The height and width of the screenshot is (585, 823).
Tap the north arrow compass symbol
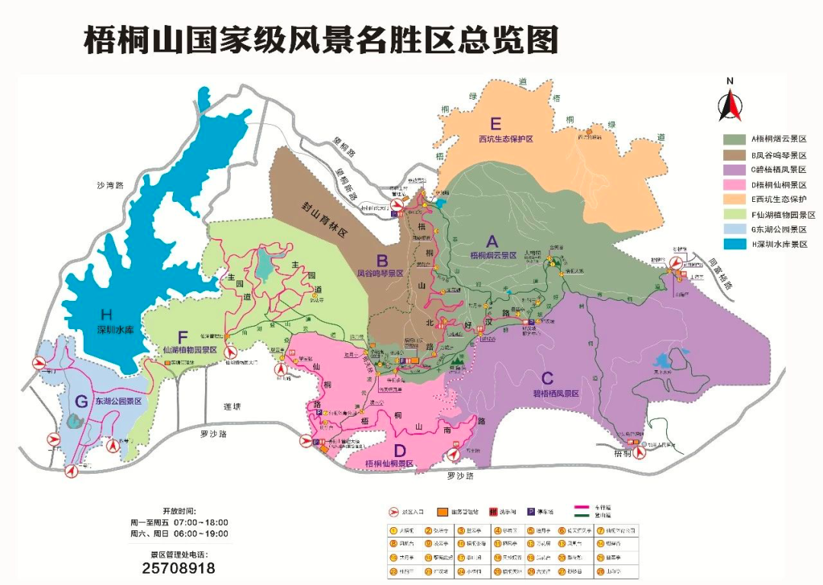click(x=729, y=102)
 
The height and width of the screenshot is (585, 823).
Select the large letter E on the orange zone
click(x=496, y=124)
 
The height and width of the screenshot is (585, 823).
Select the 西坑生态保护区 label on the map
click(x=504, y=139)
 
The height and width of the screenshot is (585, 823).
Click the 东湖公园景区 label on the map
click(x=118, y=400)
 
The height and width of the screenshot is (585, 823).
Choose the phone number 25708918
click(x=178, y=568)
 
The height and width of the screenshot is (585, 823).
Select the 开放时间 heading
click(x=179, y=510)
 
